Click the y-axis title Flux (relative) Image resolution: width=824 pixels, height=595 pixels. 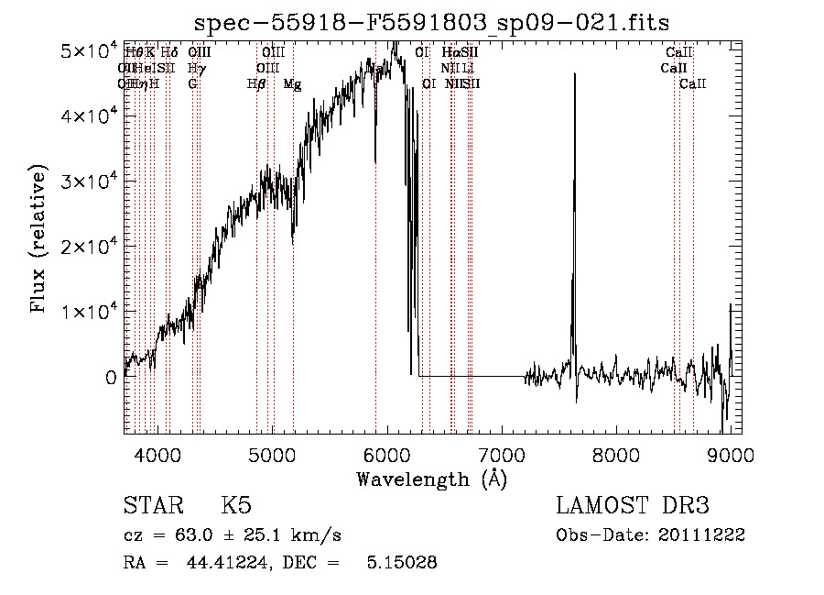pos(38,239)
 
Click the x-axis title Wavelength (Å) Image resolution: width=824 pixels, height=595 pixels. pos(432,479)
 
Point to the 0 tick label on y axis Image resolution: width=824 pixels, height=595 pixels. pos(112,377)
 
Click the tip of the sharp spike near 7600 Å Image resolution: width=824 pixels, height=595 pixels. pos(574,73)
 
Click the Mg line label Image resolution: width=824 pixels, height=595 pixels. pos(292,84)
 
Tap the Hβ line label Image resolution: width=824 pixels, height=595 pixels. pos(256,84)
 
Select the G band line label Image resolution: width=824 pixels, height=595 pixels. pos(192,84)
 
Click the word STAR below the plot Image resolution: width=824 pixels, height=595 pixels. pos(150,507)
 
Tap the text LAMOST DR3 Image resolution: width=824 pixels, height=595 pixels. pos(632,507)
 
